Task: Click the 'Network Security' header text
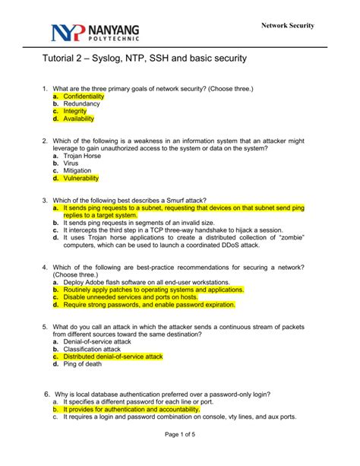[x=288, y=25]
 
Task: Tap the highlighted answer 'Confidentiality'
[x=84, y=97]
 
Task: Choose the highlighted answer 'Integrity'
[x=74, y=112]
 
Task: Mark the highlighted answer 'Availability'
[x=78, y=119]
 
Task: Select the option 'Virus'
[x=71, y=163]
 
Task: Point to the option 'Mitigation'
[x=77, y=170]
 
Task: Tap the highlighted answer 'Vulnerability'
[x=81, y=178]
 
